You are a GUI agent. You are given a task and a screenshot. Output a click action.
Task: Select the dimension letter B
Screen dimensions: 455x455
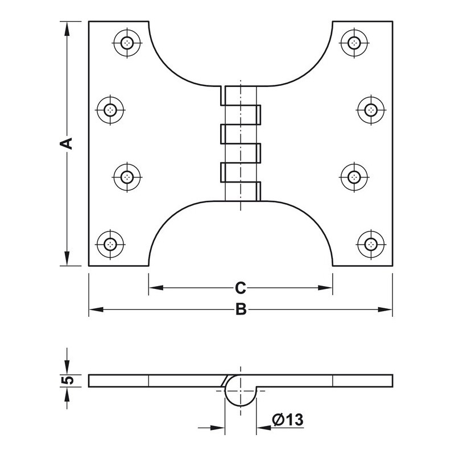(241, 309)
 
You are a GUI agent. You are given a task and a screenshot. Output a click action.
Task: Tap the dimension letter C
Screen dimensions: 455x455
(240, 288)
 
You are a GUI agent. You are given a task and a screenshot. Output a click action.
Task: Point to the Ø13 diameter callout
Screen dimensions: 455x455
(288, 420)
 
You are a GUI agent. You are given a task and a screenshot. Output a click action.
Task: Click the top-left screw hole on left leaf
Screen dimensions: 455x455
(127, 44)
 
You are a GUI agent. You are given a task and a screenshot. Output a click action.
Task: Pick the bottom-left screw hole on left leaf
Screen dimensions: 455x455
(110, 245)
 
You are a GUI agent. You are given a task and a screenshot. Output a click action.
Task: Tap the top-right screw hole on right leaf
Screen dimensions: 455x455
(354, 44)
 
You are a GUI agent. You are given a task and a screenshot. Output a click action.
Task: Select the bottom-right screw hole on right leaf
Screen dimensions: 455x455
(371, 245)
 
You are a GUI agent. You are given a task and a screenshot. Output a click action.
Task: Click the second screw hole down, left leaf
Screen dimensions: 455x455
(110, 110)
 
